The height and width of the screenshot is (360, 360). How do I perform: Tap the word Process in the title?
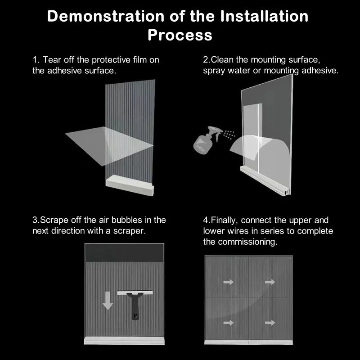[x=180, y=35]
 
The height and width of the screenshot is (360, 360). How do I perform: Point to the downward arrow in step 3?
[x=108, y=300]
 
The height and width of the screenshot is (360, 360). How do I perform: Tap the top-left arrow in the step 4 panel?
[x=229, y=282]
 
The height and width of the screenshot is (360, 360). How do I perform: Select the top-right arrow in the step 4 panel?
[x=270, y=282]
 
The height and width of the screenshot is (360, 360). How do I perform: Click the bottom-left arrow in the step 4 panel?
[x=229, y=323]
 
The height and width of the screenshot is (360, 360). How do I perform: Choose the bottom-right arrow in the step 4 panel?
[x=270, y=323]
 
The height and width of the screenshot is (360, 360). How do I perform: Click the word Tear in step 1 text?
[x=52, y=60]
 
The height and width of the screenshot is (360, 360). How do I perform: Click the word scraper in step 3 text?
[x=133, y=231]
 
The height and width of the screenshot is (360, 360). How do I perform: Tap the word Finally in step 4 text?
[x=225, y=220]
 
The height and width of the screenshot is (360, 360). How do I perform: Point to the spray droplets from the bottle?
[x=229, y=134]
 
